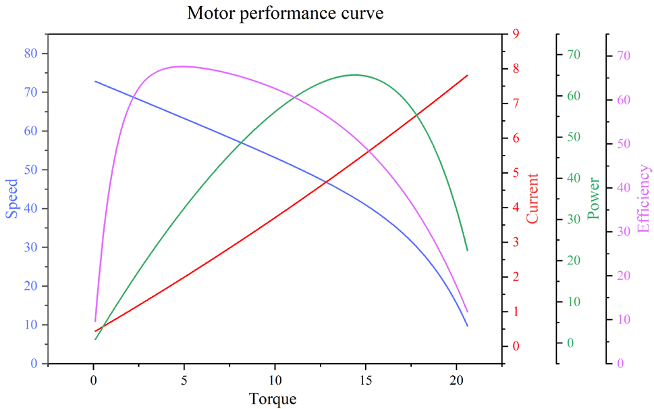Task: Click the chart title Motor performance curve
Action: [285, 13]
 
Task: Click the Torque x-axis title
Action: [273, 398]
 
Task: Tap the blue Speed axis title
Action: [12, 198]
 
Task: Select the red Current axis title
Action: [533, 198]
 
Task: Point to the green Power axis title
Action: [593, 198]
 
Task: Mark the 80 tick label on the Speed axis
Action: [31, 53]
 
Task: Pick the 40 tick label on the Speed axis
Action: [31, 208]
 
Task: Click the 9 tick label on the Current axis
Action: [516, 34]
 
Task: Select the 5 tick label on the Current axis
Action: [516, 172]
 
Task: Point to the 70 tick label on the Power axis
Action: [574, 55]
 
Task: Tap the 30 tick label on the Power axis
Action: [574, 220]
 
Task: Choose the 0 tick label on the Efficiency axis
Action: [620, 363]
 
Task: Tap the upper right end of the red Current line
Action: [467, 76]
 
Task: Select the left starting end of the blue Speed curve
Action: [95, 81]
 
